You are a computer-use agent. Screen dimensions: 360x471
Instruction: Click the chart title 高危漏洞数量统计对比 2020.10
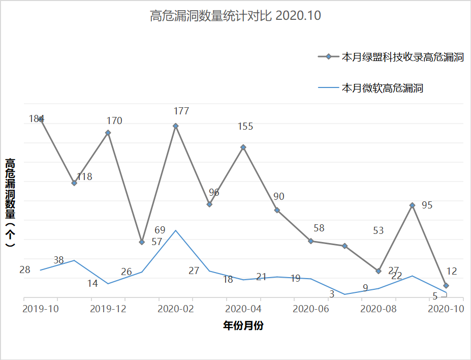click(x=235, y=16)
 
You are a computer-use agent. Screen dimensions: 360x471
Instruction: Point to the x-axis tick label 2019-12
click(x=108, y=309)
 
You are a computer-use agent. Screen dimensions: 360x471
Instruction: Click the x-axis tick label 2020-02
click(x=176, y=309)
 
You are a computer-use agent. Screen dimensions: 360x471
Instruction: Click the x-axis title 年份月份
click(x=243, y=326)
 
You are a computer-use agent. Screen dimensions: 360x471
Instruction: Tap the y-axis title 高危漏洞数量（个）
click(x=10, y=202)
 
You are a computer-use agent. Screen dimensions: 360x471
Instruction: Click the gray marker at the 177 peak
click(x=176, y=126)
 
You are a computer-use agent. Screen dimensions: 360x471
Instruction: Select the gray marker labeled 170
click(x=108, y=133)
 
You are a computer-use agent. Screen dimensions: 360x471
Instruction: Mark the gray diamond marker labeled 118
click(x=74, y=183)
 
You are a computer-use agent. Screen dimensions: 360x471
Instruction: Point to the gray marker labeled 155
click(x=243, y=147)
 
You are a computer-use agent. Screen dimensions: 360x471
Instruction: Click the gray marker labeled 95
click(x=413, y=205)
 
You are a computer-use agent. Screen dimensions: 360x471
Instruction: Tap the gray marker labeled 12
click(x=446, y=286)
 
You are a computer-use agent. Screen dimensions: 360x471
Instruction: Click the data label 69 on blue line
click(x=160, y=230)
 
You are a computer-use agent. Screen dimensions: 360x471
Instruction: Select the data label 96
click(x=214, y=192)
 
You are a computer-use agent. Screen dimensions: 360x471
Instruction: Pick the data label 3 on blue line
click(x=332, y=294)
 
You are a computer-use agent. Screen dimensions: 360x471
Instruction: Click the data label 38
click(x=58, y=260)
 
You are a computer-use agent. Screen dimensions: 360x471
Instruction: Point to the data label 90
click(x=278, y=197)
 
